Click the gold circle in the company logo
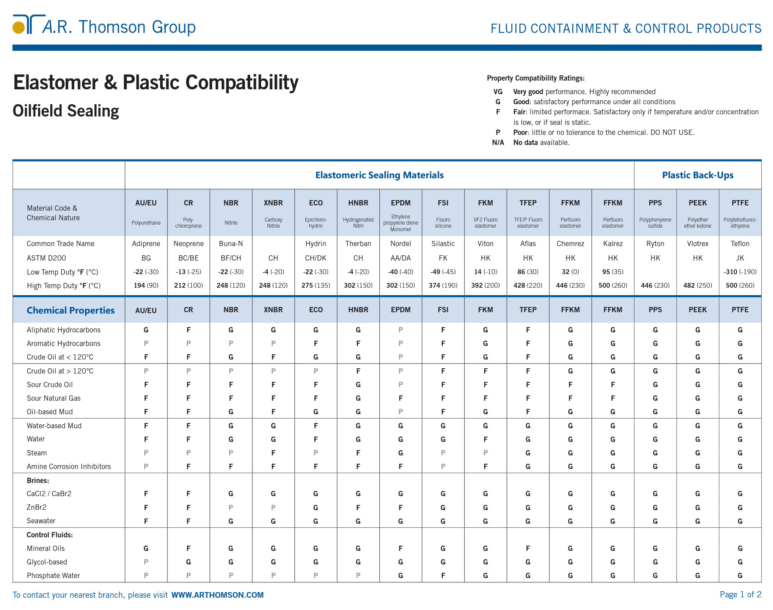(18, 28)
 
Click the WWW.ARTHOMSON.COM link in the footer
(217, 595)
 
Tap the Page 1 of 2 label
(740, 594)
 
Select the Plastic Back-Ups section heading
(697, 175)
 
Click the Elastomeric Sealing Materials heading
(379, 175)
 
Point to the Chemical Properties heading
(70, 310)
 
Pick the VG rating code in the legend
(498, 92)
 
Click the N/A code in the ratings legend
(498, 142)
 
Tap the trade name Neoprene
(189, 243)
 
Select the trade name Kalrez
(612, 243)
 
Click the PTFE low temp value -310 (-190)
(740, 272)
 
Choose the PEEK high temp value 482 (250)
(697, 285)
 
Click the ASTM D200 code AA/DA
(400, 258)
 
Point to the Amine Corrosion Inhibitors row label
(69, 466)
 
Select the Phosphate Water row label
(53, 575)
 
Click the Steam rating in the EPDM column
(400, 453)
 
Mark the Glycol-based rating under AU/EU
(146, 562)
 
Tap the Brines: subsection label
(38, 480)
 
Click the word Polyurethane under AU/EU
(146, 223)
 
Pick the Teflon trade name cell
(740, 243)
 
